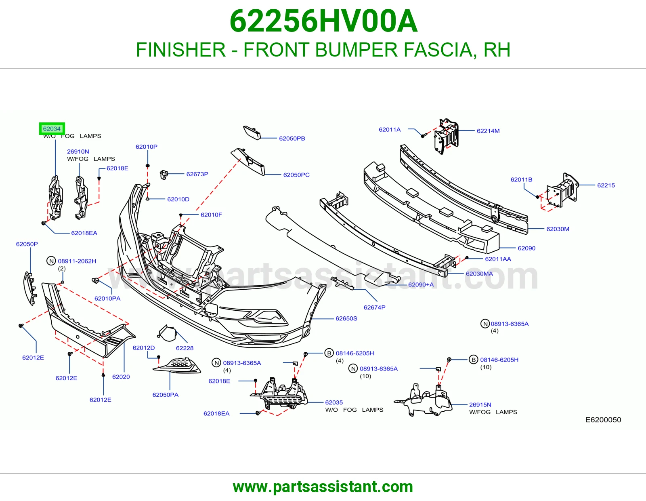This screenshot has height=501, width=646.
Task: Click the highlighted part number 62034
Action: tap(52, 128)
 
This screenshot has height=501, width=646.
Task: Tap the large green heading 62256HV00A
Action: tap(323, 21)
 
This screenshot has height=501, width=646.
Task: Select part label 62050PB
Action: tap(292, 138)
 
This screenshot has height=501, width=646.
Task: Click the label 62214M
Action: tap(488, 131)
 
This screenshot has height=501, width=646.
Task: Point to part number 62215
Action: tap(606, 185)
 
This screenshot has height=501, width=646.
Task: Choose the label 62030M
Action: tap(558, 229)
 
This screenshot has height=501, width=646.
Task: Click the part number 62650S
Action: tap(346, 319)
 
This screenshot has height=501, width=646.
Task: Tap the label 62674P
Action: tap(374, 307)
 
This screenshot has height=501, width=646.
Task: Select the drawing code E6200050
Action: tap(603, 420)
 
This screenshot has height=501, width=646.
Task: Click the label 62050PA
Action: tap(165, 395)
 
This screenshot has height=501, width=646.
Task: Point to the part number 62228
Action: tap(185, 348)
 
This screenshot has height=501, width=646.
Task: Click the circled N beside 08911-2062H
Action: tap(51, 261)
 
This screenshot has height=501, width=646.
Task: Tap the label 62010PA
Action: tap(107, 299)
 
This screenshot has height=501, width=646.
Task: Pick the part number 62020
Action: tap(121, 377)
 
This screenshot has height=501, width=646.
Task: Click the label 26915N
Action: tap(480, 404)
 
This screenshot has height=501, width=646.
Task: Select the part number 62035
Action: tap(334, 402)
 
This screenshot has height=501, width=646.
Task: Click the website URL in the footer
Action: tap(323, 487)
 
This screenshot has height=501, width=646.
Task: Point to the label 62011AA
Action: tap(498, 259)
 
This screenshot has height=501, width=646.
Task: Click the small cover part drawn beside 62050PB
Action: tap(252, 133)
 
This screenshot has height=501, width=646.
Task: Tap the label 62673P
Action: tap(197, 174)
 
